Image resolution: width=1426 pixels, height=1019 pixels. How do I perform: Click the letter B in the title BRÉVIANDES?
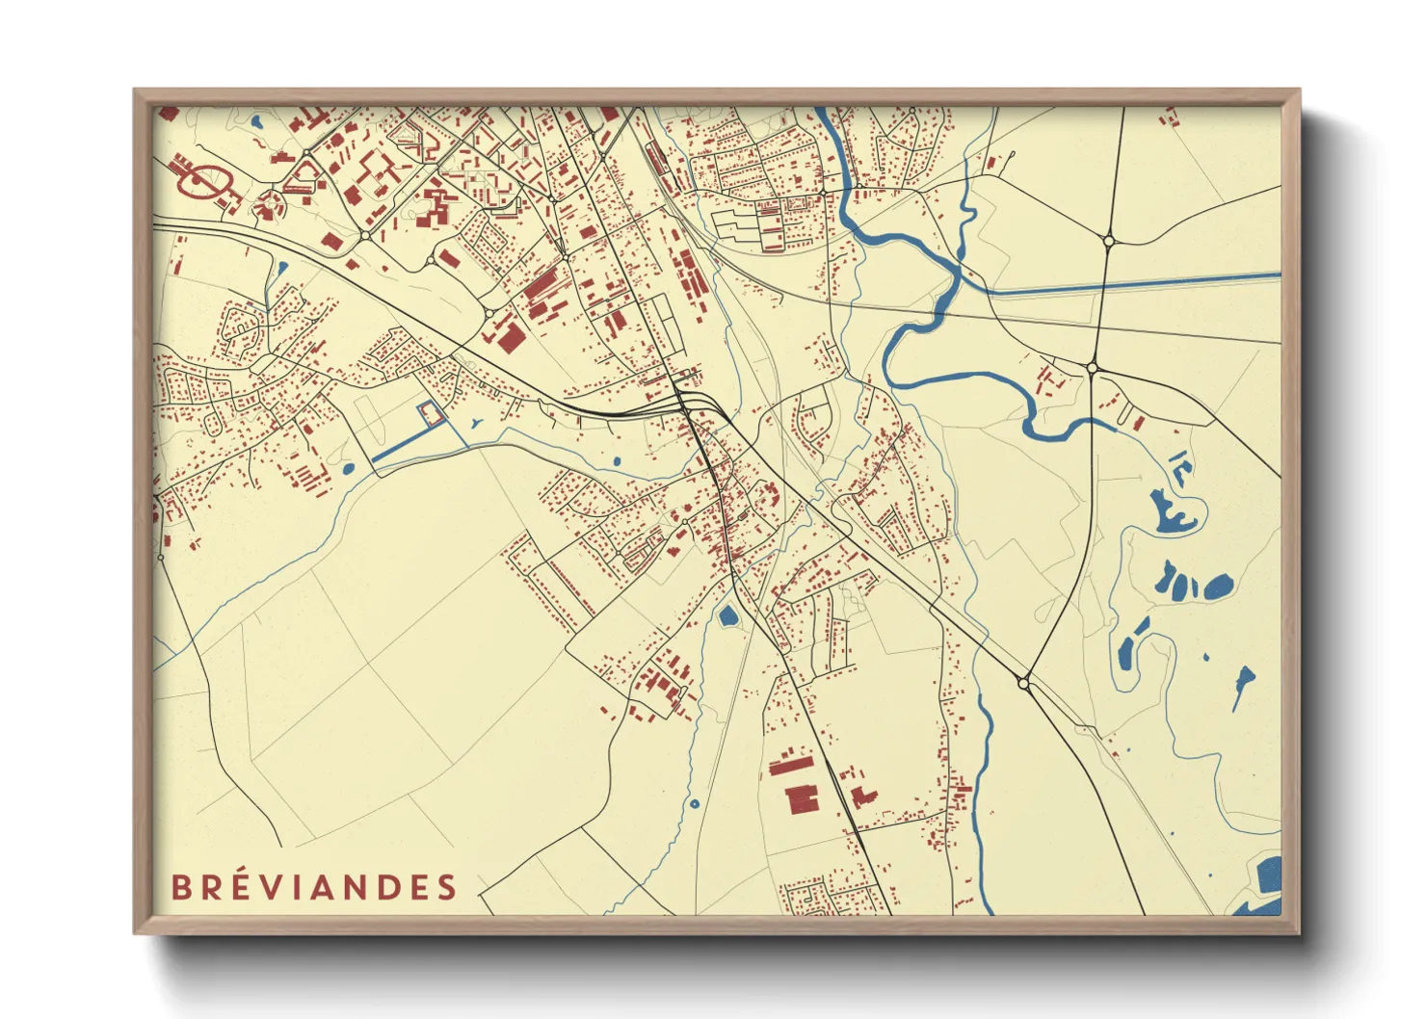point(180,887)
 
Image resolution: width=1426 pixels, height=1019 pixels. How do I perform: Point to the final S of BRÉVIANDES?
point(447,887)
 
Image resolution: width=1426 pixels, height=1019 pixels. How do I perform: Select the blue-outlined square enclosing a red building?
point(431,414)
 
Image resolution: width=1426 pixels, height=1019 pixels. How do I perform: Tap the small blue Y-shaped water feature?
point(477,422)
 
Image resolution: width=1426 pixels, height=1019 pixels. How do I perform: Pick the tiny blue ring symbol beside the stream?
point(693,803)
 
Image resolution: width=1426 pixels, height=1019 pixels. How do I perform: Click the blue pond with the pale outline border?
point(728,614)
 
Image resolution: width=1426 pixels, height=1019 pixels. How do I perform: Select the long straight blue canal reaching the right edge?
point(1137,282)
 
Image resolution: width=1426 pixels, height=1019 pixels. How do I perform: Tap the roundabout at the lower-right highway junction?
point(1023,683)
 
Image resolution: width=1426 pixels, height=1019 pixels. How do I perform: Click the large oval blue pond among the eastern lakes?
point(1217,587)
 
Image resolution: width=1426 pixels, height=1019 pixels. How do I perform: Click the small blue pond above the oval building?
point(257,122)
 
